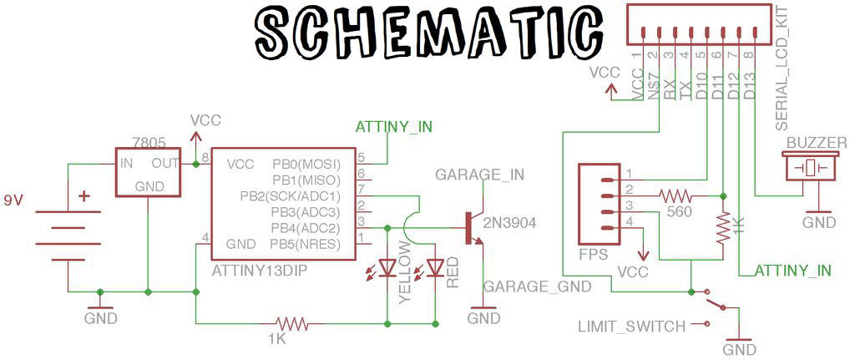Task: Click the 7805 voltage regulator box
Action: click(x=148, y=171)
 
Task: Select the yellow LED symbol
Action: click(x=387, y=266)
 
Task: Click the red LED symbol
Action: click(x=435, y=266)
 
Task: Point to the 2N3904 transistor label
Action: click(x=509, y=222)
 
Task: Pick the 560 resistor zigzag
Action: click(x=675, y=195)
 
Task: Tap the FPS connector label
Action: click(x=594, y=255)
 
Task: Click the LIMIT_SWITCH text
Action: click(x=632, y=327)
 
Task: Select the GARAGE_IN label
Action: click(x=480, y=175)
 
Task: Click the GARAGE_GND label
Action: click(x=538, y=286)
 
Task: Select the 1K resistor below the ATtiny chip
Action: click(x=291, y=325)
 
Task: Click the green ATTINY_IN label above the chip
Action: click(x=394, y=127)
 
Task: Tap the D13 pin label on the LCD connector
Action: click(x=750, y=86)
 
